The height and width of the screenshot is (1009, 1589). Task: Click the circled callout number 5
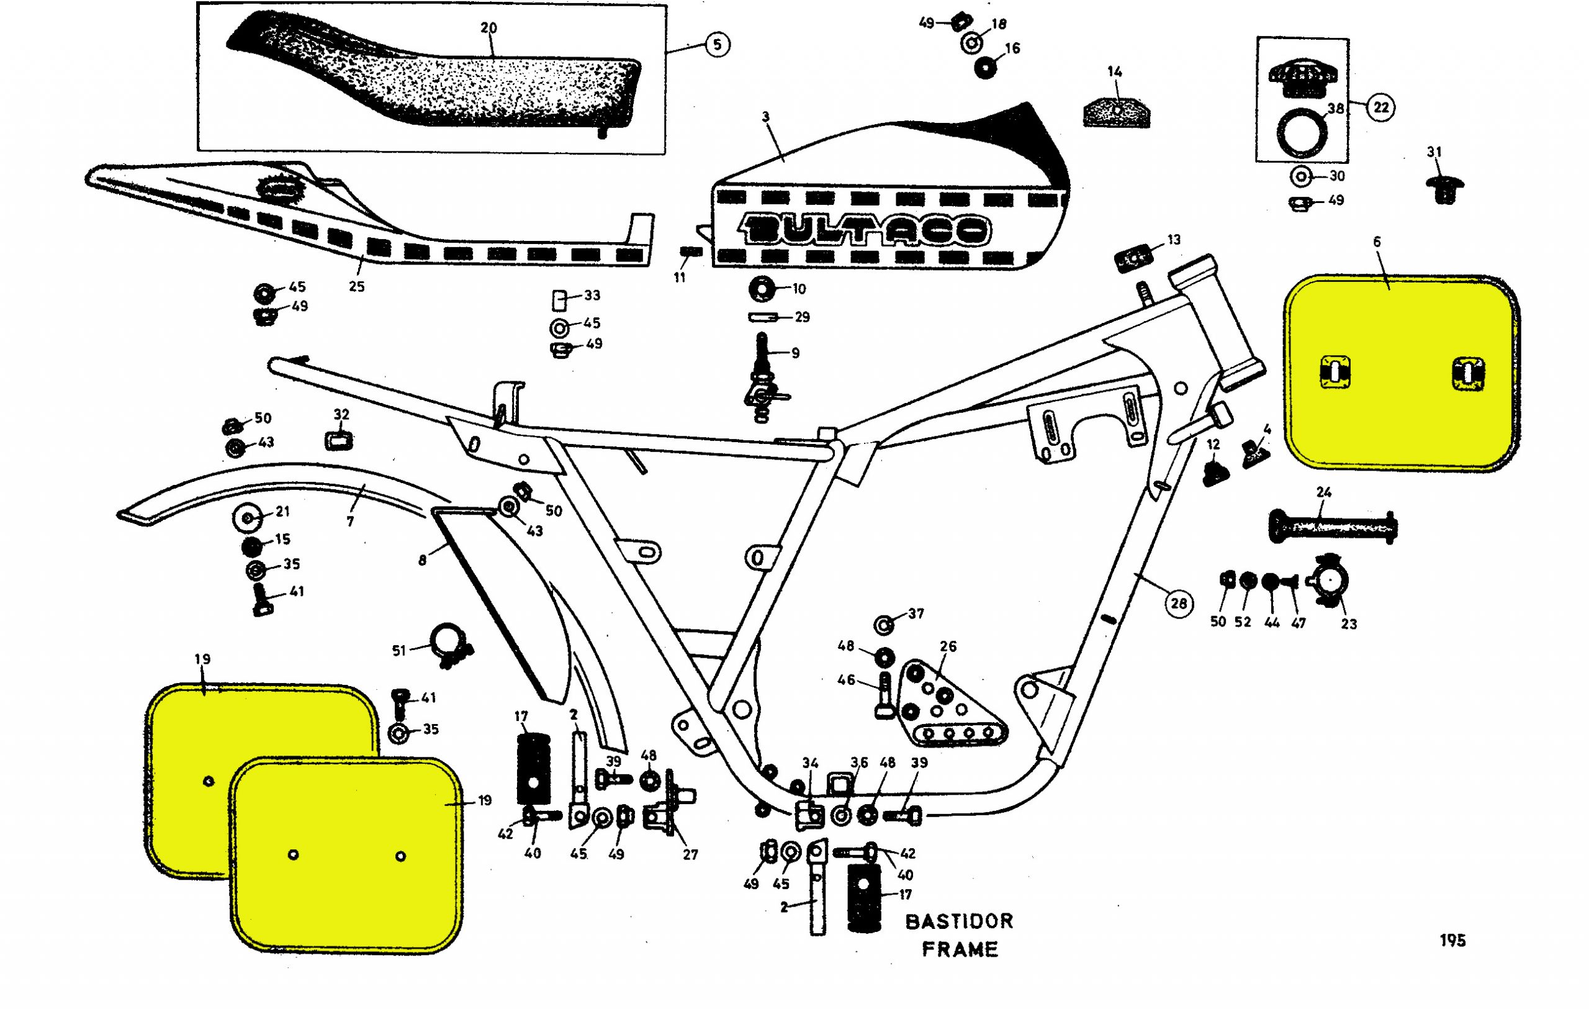(718, 44)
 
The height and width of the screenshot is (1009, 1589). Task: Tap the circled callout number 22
(1380, 107)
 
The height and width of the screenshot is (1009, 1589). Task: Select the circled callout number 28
(1179, 602)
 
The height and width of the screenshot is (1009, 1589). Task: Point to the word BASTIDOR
(959, 921)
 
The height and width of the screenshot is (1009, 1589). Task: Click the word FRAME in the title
(960, 949)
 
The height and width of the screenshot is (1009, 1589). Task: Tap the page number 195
(1452, 940)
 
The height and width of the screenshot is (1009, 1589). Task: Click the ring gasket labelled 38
(1302, 133)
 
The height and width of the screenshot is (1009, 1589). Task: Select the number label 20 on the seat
(488, 28)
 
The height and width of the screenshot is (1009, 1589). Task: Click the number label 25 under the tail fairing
(356, 286)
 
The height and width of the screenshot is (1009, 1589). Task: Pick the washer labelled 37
(885, 623)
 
